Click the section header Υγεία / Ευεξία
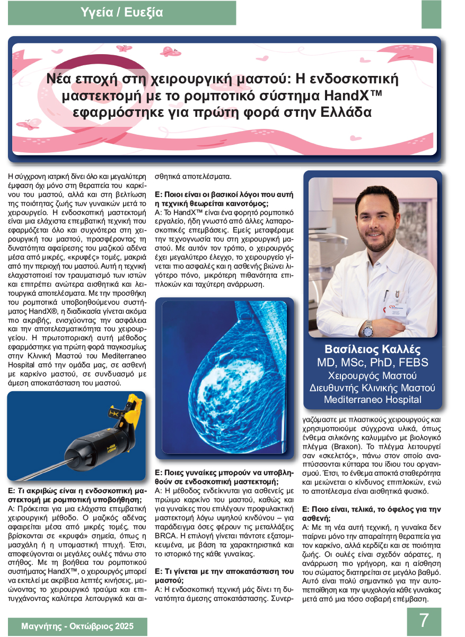click(x=122, y=12)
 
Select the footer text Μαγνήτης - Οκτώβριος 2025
click(x=77, y=626)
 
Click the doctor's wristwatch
click(x=367, y=330)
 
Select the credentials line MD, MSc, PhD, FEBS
click(x=372, y=363)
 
